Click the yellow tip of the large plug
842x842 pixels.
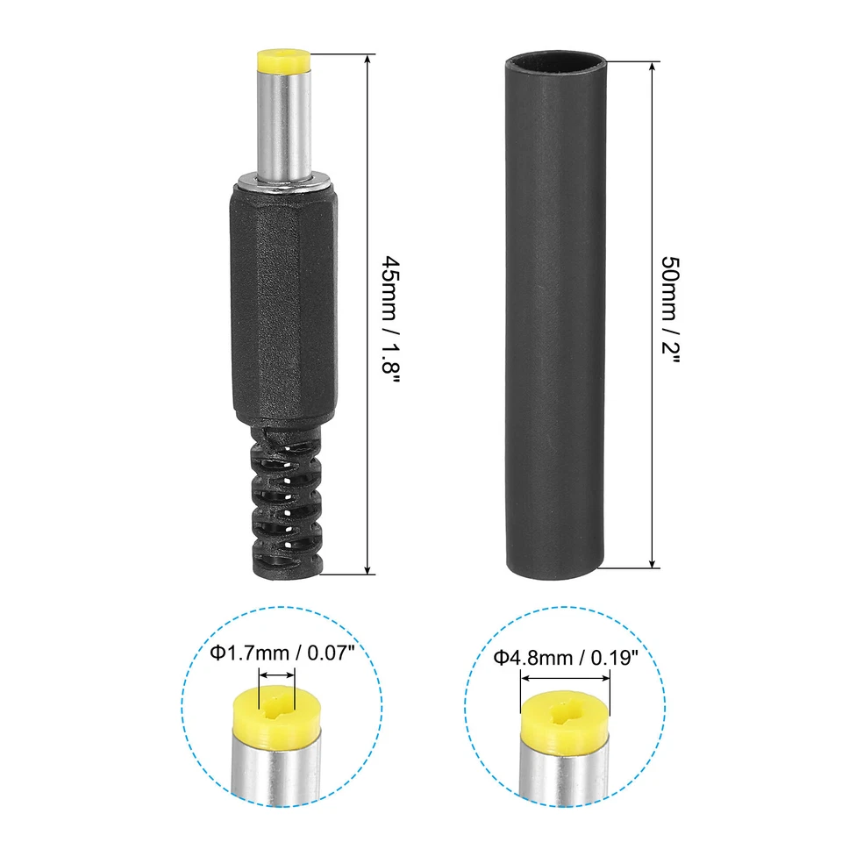284,62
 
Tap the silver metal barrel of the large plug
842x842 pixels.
284,123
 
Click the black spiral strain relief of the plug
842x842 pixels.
284,500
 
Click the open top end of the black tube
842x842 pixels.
555,63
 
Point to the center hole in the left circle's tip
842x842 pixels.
277,701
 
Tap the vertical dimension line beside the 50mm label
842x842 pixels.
652,175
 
